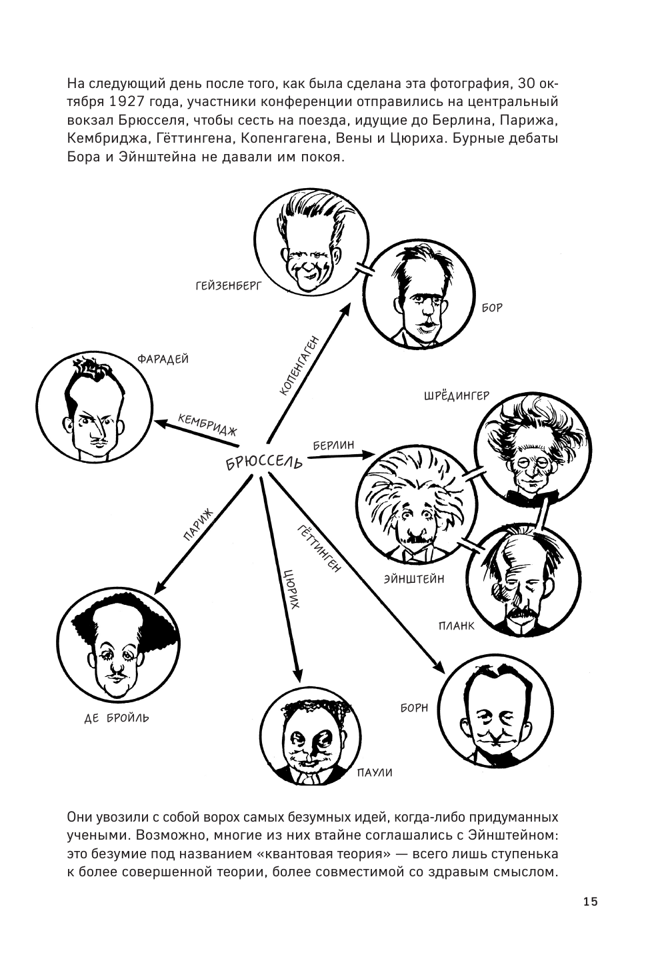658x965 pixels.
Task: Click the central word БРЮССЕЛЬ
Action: pos(265,460)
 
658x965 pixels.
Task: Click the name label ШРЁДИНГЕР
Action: pos(457,395)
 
